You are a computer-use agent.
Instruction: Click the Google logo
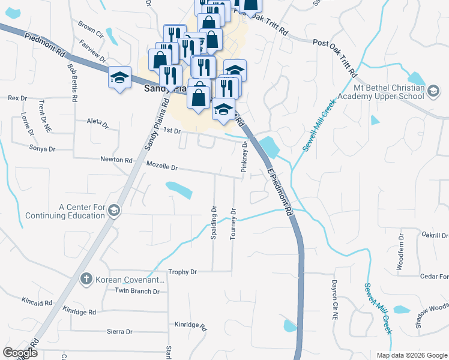tap(20, 353)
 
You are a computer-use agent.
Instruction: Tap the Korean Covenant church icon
tap(86, 279)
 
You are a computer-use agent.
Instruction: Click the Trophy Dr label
tap(182, 272)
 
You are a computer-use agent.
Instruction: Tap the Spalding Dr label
tap(213, 224)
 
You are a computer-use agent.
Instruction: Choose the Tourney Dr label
tap(233, 224)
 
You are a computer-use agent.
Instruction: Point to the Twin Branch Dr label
tap(137, 291)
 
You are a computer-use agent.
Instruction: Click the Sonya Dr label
tap(43, 148)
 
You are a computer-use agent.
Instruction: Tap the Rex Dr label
tap(17, 98)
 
